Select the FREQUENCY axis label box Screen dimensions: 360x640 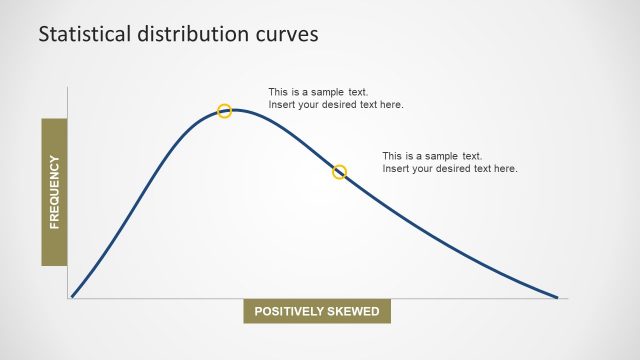coord(54,192)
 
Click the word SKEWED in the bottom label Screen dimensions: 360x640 coord(352,311)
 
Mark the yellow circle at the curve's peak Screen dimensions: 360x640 coord(225,111)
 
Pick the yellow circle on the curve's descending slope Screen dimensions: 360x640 coord(339,172)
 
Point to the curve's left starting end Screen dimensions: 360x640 coord(72,296)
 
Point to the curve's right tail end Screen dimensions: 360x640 coord(556,296)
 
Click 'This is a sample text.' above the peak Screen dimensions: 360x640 coord(318,92)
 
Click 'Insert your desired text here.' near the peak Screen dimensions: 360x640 coord(336,105)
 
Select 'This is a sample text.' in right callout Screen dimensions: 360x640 coord(432,156)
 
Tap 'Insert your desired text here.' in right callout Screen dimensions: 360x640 coord(450,169)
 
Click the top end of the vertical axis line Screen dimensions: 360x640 coord(67,88)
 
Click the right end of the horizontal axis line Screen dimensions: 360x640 coord(567,298)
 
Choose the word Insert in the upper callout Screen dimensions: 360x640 coord(281,105)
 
